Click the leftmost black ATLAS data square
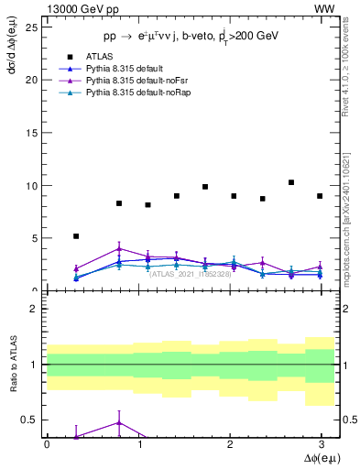(76, 236)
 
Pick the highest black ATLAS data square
(291, 182)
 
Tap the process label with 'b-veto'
(189, 35)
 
